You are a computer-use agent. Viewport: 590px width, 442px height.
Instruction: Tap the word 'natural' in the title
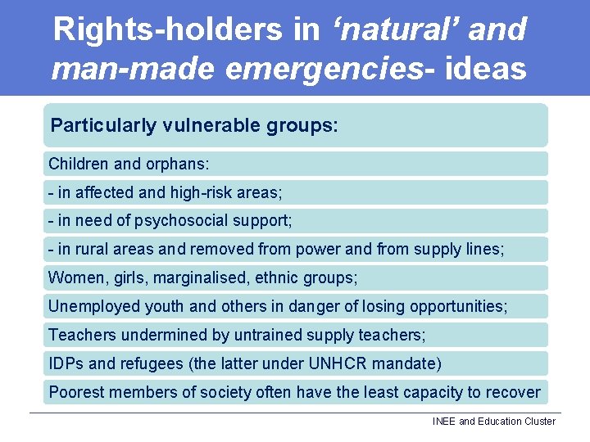(x=402, y=30)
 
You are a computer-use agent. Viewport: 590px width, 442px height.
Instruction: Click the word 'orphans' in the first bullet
(x=176, y=164)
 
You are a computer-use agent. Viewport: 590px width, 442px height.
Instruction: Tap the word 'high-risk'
(x=202, y=192)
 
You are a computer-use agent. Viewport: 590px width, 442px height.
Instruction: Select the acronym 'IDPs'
(x=66, y=363)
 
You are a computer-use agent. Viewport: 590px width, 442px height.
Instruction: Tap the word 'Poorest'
(x=76, y=392)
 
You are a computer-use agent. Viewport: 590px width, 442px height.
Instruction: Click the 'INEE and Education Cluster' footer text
(x=493, y=422)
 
